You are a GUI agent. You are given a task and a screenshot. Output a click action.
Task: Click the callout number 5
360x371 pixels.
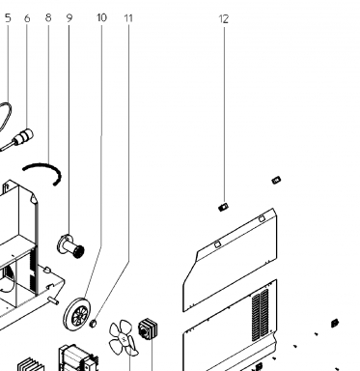pyautogui.click(x=8, y=18)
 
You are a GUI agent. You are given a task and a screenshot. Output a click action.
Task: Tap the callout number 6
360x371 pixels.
pyautogui.click(x=27, y=18)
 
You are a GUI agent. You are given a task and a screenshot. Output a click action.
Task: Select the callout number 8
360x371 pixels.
pyautogui.click(x=48, y=17)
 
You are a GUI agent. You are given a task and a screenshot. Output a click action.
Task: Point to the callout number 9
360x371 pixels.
pyautogui.click(x=69, y=18)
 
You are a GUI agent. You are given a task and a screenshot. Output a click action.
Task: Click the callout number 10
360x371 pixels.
pyautogui.click(x=101, y=17)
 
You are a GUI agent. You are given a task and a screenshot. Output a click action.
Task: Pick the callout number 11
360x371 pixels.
pyautogui.click(x=128, y=18)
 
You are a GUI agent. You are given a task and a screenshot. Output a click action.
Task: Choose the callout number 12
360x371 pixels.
pyautogui.click(x=224, y=19)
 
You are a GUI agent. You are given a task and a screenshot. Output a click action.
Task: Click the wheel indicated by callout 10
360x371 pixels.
pyautogui.click(x=77, y=314)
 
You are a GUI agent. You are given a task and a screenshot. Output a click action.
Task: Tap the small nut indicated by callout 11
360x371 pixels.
pyautogui.click(x=93, y=323)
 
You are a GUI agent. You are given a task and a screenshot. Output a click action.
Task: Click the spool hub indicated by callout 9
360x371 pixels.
pyautogui.click(x=70, y=246)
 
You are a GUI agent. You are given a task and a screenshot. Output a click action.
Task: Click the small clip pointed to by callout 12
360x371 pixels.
pyautogui.click(x=223, y=207)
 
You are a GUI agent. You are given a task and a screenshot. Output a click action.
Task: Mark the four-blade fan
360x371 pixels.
pyautogui.click(x=124, y=338)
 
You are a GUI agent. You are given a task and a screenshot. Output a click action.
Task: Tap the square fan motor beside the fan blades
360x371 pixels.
pyautogui.click(x=148, y=328)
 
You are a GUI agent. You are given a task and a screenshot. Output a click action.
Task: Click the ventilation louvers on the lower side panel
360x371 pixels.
pyautogui.click(x=261, y=316)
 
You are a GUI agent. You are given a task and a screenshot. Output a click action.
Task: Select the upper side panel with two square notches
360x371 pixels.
pyautogui.click(x=230, y=260)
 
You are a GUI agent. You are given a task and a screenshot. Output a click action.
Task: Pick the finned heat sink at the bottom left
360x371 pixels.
pyautogui.click(x=31, y=364)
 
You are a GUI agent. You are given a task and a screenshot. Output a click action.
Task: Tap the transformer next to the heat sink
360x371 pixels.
pyautogui.click(x=77, y=358)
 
